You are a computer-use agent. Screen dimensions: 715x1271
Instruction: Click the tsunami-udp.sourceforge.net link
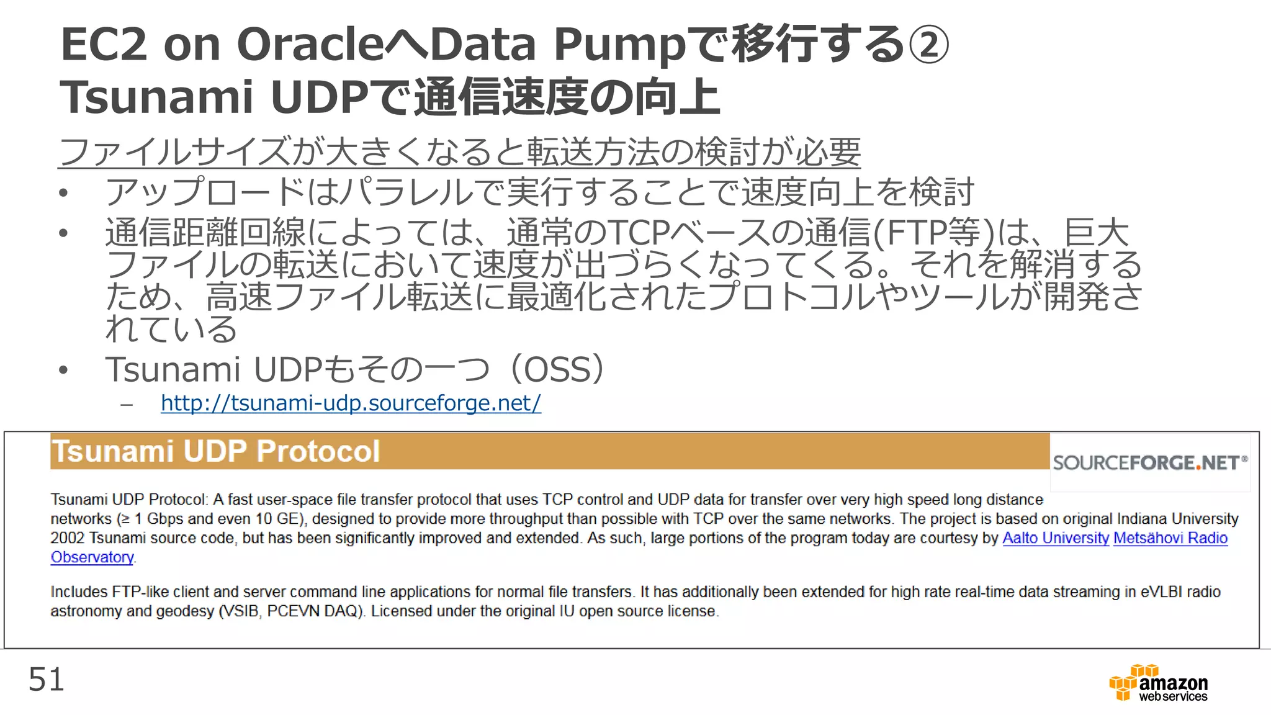[351, 403]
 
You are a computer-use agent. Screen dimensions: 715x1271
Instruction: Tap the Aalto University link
[1055, 538]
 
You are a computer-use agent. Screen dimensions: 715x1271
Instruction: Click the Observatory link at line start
[92, 557]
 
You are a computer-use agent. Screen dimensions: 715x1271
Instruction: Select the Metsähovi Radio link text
[1170, 538]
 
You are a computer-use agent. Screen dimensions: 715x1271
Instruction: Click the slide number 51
[46, 680]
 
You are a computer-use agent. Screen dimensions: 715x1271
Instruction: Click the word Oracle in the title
[310, 45]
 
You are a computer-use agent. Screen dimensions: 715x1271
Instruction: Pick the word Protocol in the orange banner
[318, 451]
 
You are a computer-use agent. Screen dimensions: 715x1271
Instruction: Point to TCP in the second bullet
[640, 233]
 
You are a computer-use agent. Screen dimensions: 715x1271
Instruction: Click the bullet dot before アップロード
[63, 193]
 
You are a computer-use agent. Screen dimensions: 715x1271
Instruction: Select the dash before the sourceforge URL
[127, 405]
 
